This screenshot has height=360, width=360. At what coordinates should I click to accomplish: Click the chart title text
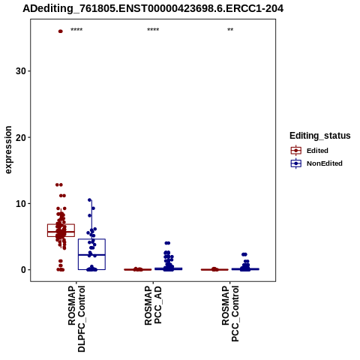point(153,9)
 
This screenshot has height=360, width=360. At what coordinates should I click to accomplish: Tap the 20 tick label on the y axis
point(21,137)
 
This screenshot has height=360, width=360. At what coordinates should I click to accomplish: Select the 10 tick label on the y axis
point(21,203)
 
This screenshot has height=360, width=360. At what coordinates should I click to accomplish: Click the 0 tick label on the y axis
point(24,270)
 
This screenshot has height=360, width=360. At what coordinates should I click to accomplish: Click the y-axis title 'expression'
point(8,150)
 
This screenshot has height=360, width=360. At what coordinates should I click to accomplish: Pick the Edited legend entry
point(309,151)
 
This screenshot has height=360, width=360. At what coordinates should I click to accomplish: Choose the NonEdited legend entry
point(316,163)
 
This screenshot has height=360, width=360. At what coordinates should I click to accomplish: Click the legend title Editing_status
point(320,136)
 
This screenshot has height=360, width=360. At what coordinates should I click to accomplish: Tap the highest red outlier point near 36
point(60,31)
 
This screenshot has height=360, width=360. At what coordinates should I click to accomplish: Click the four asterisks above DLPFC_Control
point(76,30)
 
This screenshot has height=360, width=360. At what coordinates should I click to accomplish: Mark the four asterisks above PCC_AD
point(153,30)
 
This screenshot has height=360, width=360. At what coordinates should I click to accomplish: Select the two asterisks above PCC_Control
point(230,30)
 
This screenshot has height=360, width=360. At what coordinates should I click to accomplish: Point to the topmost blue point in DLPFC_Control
point(89,200)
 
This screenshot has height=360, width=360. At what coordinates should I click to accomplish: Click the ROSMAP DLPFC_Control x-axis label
point(76,319)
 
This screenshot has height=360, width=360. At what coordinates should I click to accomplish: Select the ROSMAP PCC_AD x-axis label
point(153,305)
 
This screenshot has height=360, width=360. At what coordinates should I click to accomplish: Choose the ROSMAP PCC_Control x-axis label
point(230,313)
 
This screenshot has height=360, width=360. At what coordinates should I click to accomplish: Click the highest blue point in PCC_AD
point(167,243)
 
